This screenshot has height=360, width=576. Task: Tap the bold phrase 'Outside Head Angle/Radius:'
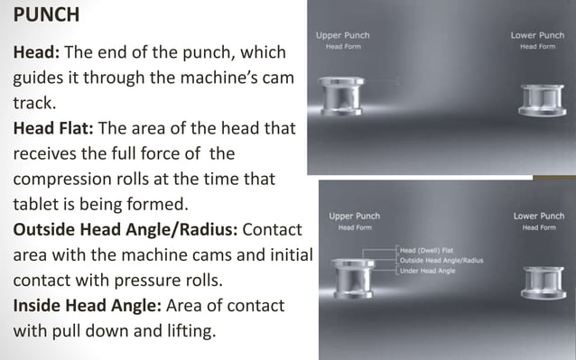click(x=125, y=229)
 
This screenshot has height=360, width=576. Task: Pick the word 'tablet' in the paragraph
click(x=35, y=204)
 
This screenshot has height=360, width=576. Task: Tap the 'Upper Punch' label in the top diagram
click(x=342, y=35)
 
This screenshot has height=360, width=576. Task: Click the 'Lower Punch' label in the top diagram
click(x=537, y=35)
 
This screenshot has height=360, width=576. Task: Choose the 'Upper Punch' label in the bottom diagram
click(x=354, y=217)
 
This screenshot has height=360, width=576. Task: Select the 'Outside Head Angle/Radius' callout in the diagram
click(x=441, y=260)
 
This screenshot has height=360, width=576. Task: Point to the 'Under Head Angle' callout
click(x=428, y=270)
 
